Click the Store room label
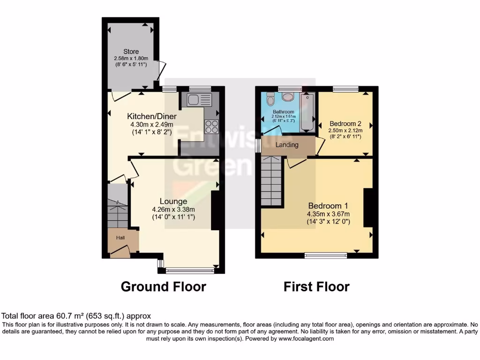tap(131, 52)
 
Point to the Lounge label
tap(173, 202)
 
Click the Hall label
tap(121, 238)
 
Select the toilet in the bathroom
tap(270, 100)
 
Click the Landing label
tap(287, 145)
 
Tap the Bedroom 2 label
tap(345, 123)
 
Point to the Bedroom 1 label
tap(328, 206)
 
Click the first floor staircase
tap(272, 180)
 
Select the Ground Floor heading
tap(164, 286)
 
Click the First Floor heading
tap(316, 286)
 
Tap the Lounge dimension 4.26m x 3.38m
tap(173, 210)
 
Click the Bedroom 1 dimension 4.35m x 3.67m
tap(328, 214)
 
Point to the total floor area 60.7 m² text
tap(76, 316)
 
